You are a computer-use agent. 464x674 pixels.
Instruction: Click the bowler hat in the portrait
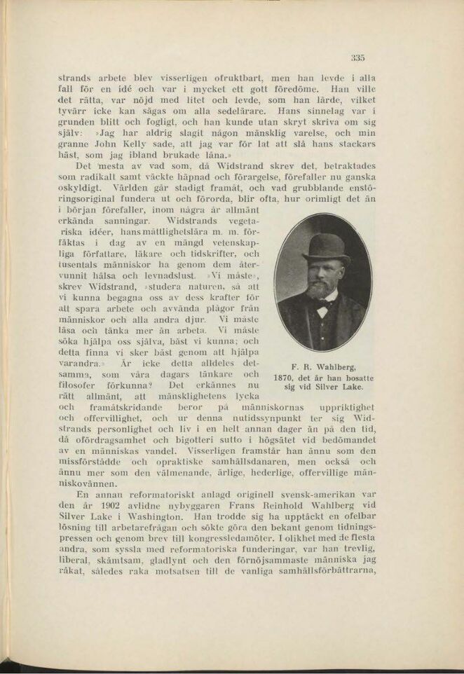coord(327,249)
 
